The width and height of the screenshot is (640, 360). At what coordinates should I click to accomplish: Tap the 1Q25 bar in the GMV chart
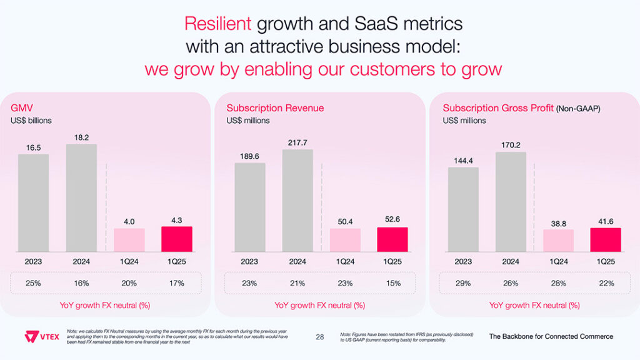[x=177, y=239]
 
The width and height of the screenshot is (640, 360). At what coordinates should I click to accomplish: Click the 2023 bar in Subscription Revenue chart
[x=249, y=207]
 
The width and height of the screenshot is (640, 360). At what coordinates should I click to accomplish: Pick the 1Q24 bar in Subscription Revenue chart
[x=345, y=240]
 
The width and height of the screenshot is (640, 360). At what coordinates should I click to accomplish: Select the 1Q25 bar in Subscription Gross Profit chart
[x=606, y=239]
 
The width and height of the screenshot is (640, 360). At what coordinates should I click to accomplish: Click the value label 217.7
[x=297, y=142]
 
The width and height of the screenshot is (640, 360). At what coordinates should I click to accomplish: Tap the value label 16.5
[x=33, y=147]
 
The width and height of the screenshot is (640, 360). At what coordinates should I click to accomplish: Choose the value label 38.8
[x=558, y=222]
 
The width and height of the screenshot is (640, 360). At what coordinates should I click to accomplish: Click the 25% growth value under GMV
[x=33, y=283]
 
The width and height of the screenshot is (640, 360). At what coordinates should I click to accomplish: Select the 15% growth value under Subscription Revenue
[x=393, y=283]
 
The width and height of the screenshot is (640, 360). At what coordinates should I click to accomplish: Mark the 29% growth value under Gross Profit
[x=463, y=283]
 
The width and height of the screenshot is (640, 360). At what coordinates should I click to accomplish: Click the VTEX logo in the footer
[x=41, y=337]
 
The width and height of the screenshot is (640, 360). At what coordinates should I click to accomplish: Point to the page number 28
[x=320, y=337]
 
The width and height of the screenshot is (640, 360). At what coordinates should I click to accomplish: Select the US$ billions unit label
[x=31, y=120]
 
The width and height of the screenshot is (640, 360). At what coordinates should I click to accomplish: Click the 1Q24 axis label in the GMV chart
[x=129, y=262]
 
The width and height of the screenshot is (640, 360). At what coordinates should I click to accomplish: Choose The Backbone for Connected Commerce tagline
[x=551, y=336]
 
